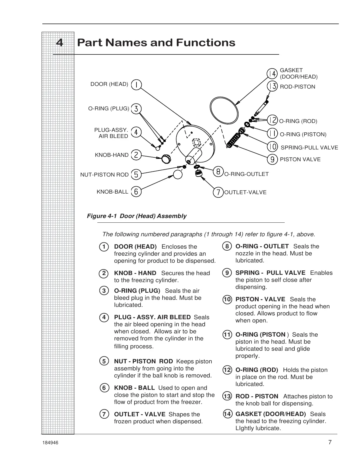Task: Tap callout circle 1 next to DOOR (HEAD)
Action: tap(136, 85)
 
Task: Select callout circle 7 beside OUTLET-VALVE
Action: tap(218, 192)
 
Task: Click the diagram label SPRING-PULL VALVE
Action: tap(309, 148)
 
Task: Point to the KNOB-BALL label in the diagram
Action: tap(112, 192)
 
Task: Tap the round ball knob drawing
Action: tap(178, 174)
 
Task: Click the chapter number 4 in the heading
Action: tap(59, 43)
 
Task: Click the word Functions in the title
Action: tap(206, 43)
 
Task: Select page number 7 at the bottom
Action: tap(330, 442)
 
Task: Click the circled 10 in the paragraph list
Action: tap(227, 300)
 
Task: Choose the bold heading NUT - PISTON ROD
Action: tap(143, 361)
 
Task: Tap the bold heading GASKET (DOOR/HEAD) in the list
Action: tap(271, 414)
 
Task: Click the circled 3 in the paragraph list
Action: tap(104, 291)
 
